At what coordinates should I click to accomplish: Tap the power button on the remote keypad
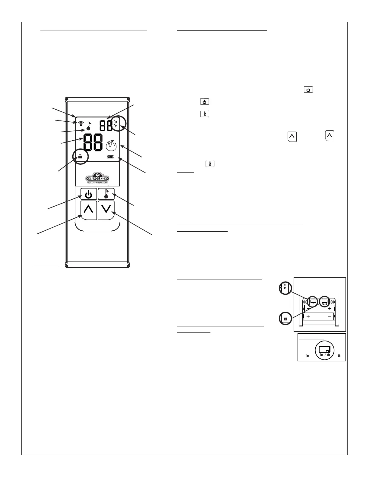89,194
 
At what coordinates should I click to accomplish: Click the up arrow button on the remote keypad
89,210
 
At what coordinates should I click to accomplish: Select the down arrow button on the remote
106,210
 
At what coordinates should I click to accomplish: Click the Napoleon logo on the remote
97,178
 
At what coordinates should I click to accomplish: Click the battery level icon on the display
111,157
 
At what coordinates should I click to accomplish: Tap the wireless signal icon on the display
80,124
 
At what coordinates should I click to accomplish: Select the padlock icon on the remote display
80,157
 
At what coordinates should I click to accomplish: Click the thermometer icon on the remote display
89,125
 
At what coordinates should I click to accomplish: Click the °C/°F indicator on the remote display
115,124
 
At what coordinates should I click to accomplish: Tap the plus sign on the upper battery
330,308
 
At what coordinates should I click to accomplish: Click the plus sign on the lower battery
308,316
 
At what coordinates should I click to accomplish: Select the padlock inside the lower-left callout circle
285,319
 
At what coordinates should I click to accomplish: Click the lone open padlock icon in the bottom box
307,356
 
